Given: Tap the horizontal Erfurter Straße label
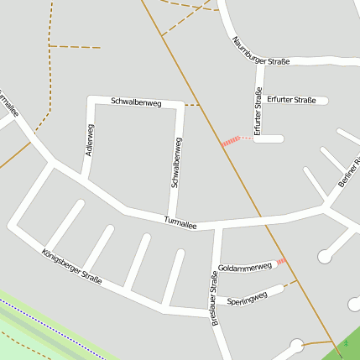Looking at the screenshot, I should (292, 101).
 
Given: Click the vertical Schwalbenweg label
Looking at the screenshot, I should (177, 162).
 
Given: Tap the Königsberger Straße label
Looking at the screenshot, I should (71, 266).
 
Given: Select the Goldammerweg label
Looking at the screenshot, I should (245, 268).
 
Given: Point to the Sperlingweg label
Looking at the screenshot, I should (247, 297).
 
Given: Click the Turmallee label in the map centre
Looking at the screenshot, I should (180, 222).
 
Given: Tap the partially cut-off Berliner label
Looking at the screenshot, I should (348, 171).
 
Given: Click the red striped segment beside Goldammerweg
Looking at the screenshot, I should (280, 262).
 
